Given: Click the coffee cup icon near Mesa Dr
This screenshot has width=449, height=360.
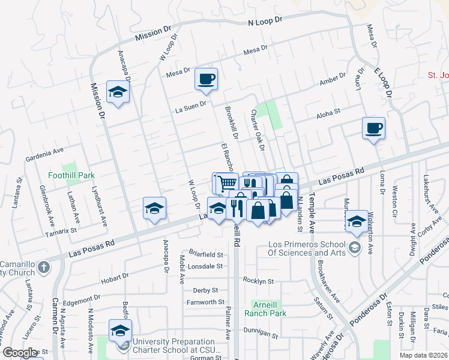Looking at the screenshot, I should point(206,79).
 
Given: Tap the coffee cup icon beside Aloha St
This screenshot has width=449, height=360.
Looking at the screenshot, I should point(373,128).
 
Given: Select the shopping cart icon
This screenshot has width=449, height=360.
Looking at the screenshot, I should point(225,182).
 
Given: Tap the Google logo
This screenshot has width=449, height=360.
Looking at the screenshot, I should point(20,353).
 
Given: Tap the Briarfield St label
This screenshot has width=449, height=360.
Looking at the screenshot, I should point(204,255).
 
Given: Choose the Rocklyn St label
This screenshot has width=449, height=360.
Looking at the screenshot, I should point(259,281).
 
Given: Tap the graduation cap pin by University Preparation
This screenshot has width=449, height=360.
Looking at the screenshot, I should point(120,330).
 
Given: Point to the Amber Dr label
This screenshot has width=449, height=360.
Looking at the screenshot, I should point(333,80).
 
